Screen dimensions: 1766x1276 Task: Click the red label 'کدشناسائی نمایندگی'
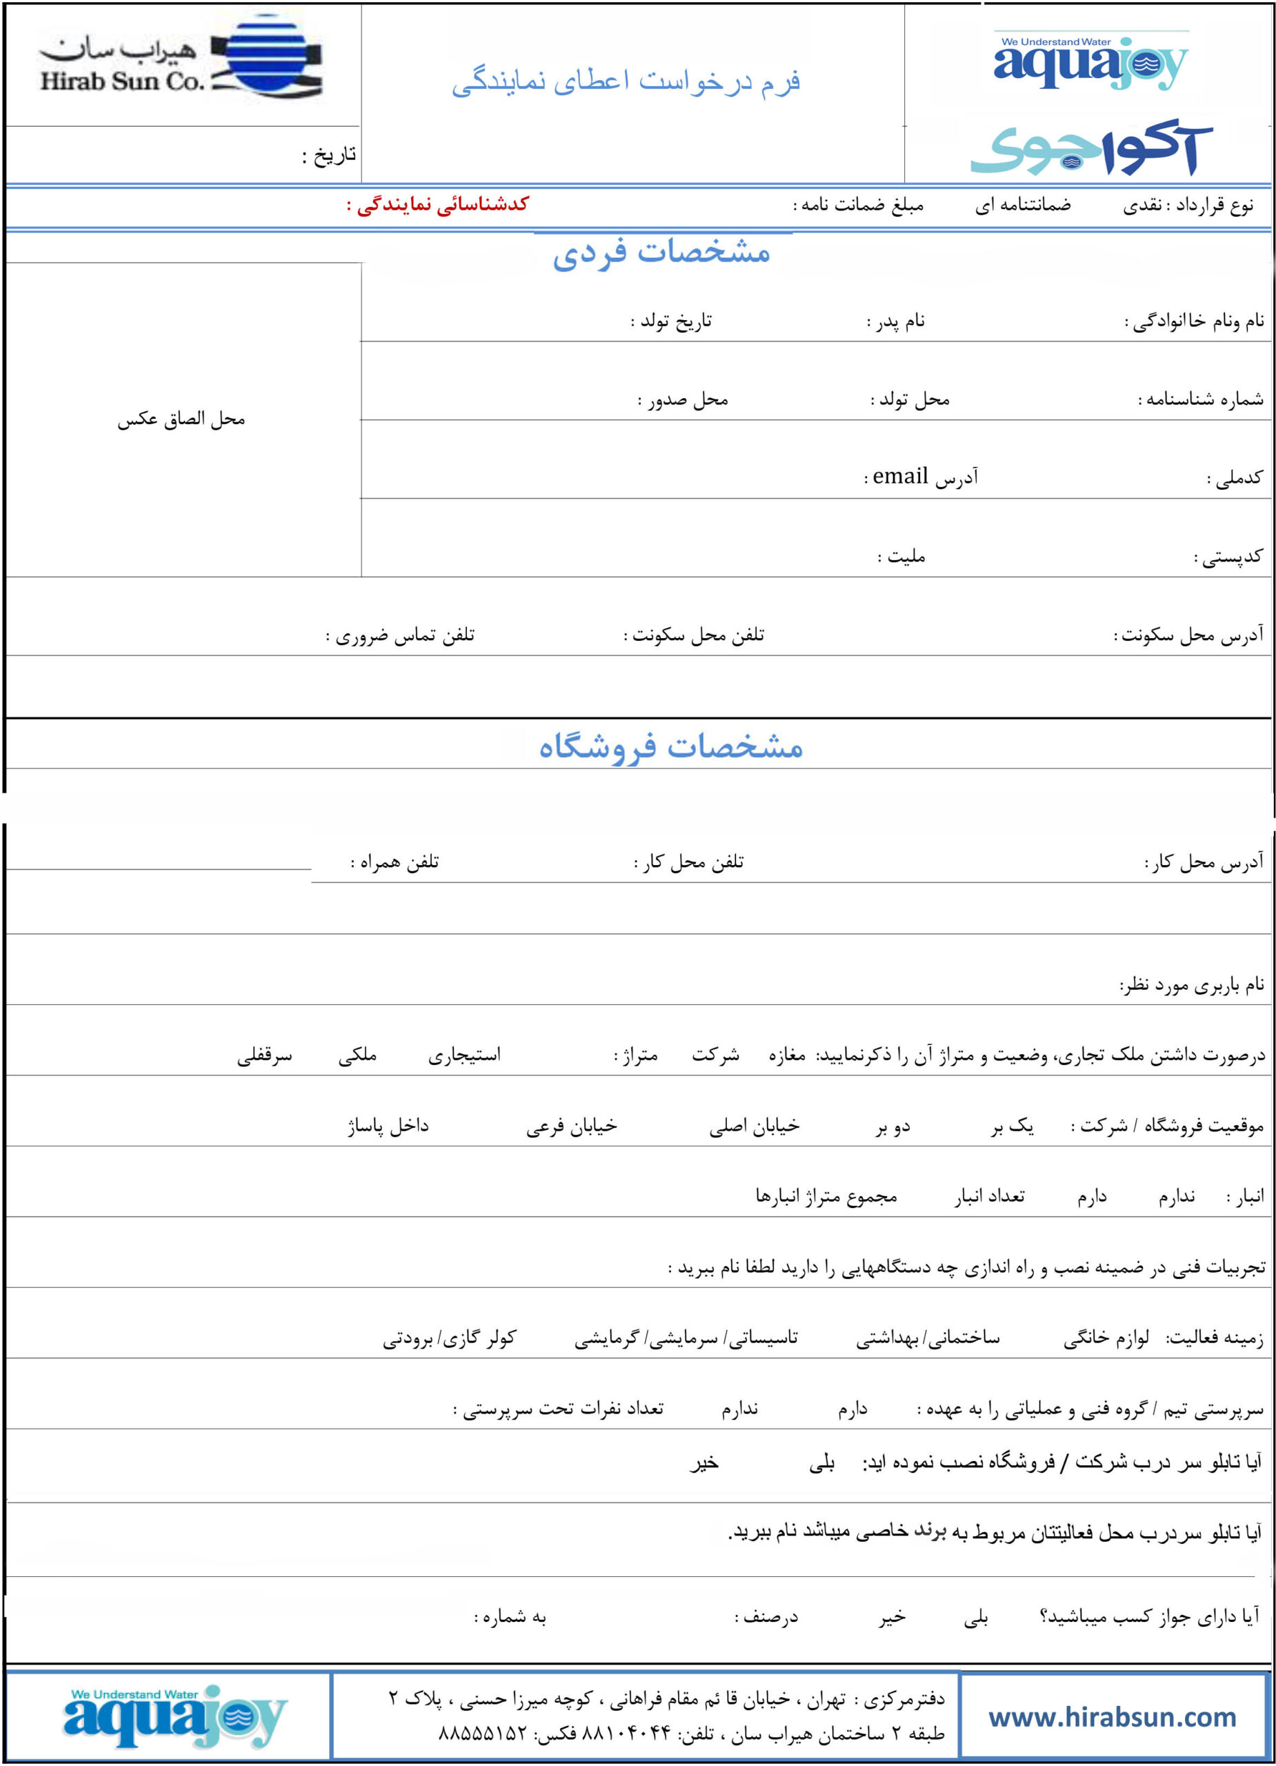tap(437, 205)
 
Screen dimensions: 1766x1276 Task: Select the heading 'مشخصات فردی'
tap(661, 252)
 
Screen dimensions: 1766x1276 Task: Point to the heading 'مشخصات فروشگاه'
tap(670, 746)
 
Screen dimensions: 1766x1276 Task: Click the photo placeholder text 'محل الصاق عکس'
tap(181, 419)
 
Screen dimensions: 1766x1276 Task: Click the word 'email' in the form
tap(900, 476)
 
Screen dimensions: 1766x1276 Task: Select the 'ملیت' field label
tap(902, 557)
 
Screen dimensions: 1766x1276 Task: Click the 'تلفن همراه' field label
tap(395, 862)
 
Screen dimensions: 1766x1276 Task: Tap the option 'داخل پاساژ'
tap(388, 1126)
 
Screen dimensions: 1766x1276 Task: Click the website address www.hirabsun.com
tap(1112, 1717)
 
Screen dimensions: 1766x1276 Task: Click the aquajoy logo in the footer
tap(175, 1716)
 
